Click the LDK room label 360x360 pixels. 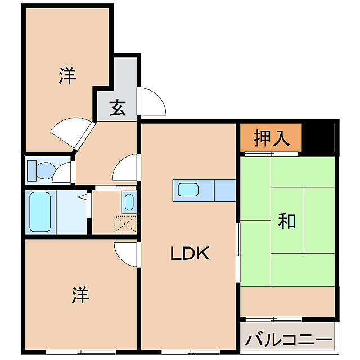pos(190,254)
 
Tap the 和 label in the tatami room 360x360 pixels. pos(287,221)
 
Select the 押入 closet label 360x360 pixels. pos(272,138)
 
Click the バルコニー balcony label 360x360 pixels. pos(289,340)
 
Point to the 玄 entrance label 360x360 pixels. pos(117,107)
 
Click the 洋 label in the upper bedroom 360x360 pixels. pos(67,75)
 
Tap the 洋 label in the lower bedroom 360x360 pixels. pos(81,295)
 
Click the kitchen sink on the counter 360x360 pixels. pos(189,190)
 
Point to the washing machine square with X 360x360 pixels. pos(125,223)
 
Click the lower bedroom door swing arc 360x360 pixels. pos(125,254)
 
